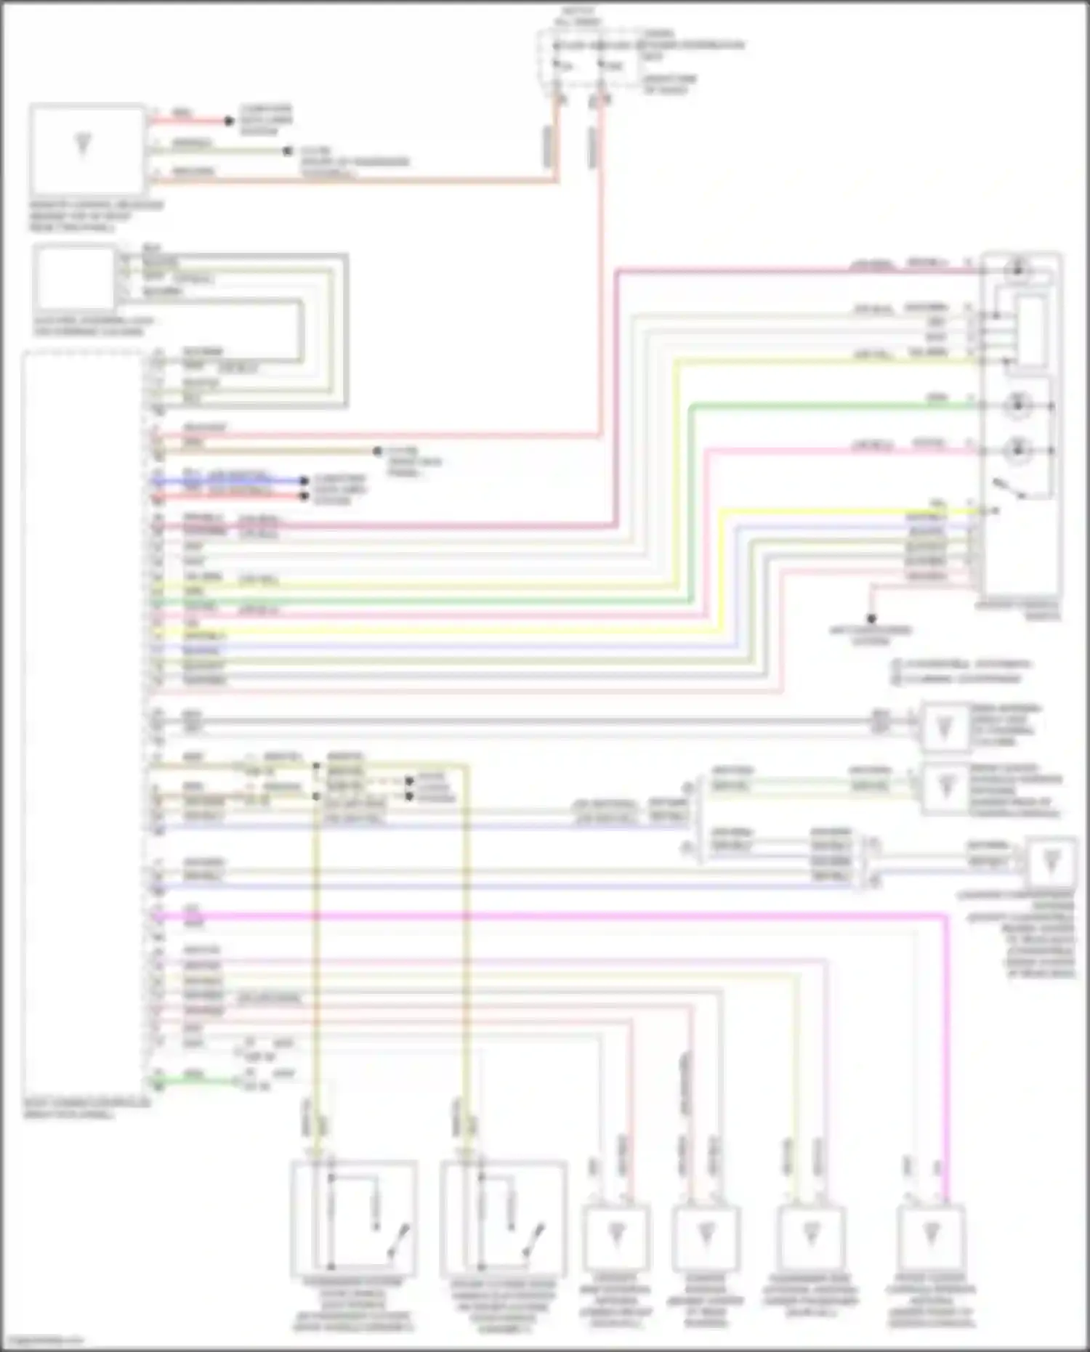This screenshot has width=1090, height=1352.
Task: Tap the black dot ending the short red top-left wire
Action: point(229,121)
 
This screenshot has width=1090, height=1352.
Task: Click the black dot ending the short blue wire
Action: point(305,481)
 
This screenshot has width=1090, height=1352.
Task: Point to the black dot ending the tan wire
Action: point(377,451)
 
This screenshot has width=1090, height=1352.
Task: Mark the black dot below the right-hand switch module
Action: point(871,618)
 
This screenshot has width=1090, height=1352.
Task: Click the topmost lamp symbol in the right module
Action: point(1017,270)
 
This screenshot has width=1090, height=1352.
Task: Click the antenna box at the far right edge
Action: point(1051,863)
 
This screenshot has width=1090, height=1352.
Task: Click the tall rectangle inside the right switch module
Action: point(1032,331)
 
